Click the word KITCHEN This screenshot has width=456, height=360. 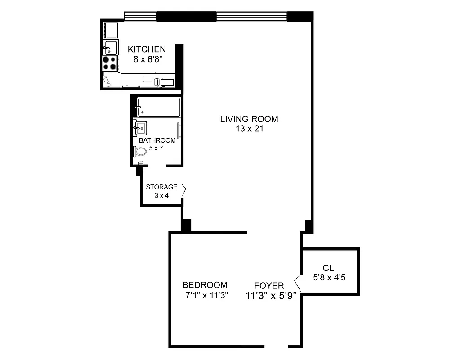coord(147,49)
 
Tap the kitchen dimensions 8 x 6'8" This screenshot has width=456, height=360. coord(147,58)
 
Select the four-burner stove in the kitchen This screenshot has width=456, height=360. coord(110,63)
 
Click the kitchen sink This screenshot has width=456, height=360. coord(111,47)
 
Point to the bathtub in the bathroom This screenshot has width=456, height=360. coord(159,107)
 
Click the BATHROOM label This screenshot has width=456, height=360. coord(157,140)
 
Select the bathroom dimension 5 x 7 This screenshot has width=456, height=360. coord(157,148)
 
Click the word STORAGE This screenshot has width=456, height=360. coord(161,187)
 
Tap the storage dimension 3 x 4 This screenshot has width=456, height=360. coord(161,195)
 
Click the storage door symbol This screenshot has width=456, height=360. coord(183,191)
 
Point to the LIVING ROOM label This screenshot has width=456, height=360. coord(249,119)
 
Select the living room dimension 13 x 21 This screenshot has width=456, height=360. coord(249,129)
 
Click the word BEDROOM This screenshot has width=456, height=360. coord(205,285)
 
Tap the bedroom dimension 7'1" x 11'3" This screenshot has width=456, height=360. coord(205,295)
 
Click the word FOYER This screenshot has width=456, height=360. coord(269,286)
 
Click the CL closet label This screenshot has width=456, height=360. coord(328,269)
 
